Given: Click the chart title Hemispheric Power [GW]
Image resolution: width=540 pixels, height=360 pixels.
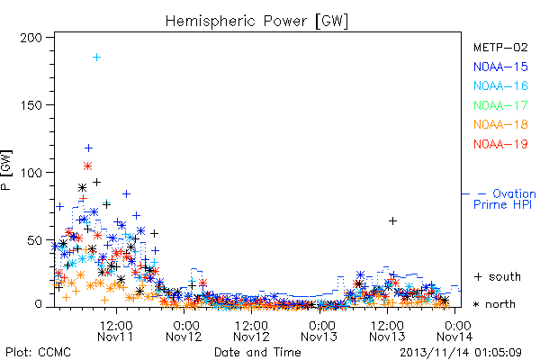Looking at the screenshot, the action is tap(256, 21).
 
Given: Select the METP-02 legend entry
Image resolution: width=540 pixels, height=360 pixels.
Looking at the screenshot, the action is tap(500, 48).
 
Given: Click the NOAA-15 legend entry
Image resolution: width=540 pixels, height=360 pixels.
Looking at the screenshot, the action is tap(500, 67).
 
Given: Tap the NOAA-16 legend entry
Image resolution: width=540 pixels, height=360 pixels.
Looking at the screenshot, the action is tap(500, 85).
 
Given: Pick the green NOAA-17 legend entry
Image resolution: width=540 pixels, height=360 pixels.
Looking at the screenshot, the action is tap(500, 105).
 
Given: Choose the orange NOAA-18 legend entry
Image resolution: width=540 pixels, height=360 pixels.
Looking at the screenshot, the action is tap(500, 124).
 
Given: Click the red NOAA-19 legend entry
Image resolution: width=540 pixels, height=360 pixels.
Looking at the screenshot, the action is tap(500, 144).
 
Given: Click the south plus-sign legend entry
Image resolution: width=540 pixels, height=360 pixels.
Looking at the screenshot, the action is tap(498, 276).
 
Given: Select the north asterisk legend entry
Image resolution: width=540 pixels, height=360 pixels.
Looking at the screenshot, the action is tap(494, 304).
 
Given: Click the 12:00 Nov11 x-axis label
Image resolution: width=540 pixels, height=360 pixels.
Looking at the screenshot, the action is tap(116, 331).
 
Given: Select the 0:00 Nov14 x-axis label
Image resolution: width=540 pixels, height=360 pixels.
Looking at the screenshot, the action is tap(454, 331).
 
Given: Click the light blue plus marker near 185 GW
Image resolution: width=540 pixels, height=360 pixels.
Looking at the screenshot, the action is tap(97, 58).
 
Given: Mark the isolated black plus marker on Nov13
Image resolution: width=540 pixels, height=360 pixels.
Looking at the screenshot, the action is tap(392, 220).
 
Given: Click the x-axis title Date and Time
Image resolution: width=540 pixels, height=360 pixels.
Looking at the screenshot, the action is tap(257, 353).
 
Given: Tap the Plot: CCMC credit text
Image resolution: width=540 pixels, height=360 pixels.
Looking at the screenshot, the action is tap(38, 353).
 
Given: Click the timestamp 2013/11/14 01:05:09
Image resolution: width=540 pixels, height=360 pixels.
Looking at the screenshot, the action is tap(461, 353).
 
